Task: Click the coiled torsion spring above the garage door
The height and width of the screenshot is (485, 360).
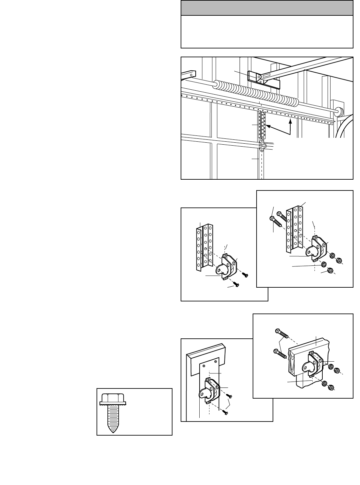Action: tap(255, 94)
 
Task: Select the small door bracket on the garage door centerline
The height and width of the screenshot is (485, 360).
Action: tap(262, 146)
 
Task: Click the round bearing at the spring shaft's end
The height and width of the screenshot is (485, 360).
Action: tap(339, 112)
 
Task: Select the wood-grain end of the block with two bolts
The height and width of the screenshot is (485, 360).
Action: tap(294, 362)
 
